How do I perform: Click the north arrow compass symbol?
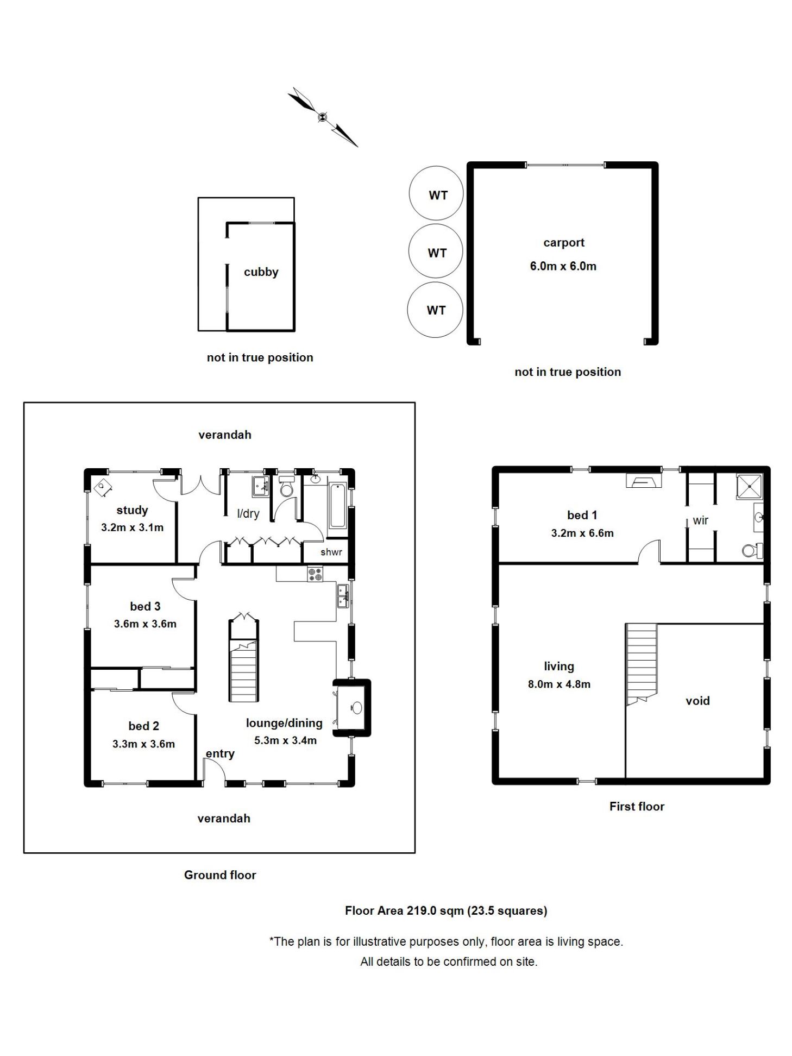[x=322, y=117]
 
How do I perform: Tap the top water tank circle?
[x=436, y=194]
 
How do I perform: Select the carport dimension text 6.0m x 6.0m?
[x=563, y=266]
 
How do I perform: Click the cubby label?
[x=261, y=272]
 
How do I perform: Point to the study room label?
[x=132, y=510]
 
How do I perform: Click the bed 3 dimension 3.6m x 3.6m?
[x=145, y=624]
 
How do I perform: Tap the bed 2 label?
[x=143, y=726]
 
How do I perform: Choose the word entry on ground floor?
[x=220, y=754]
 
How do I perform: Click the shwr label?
[x=331, y=552]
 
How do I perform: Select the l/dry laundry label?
[x=248, y=513]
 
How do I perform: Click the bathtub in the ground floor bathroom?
[x=337, y=505]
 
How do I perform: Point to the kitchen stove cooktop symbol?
[x=315, y=574]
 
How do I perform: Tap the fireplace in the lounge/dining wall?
[x=351, y=708]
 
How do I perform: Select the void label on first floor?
[x=697, y=701]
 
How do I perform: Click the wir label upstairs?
[x=700, y=520]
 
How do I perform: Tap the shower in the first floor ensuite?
[x=750, y=486]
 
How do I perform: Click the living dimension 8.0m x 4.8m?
[x=559, y=684]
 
